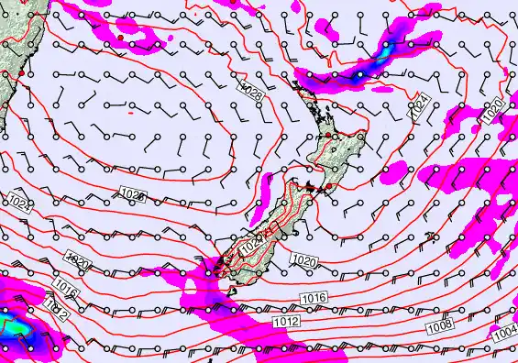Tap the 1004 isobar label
503,337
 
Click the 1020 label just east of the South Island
304,262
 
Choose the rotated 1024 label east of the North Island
419,108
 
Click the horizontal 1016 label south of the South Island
314,298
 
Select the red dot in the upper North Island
328,136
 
